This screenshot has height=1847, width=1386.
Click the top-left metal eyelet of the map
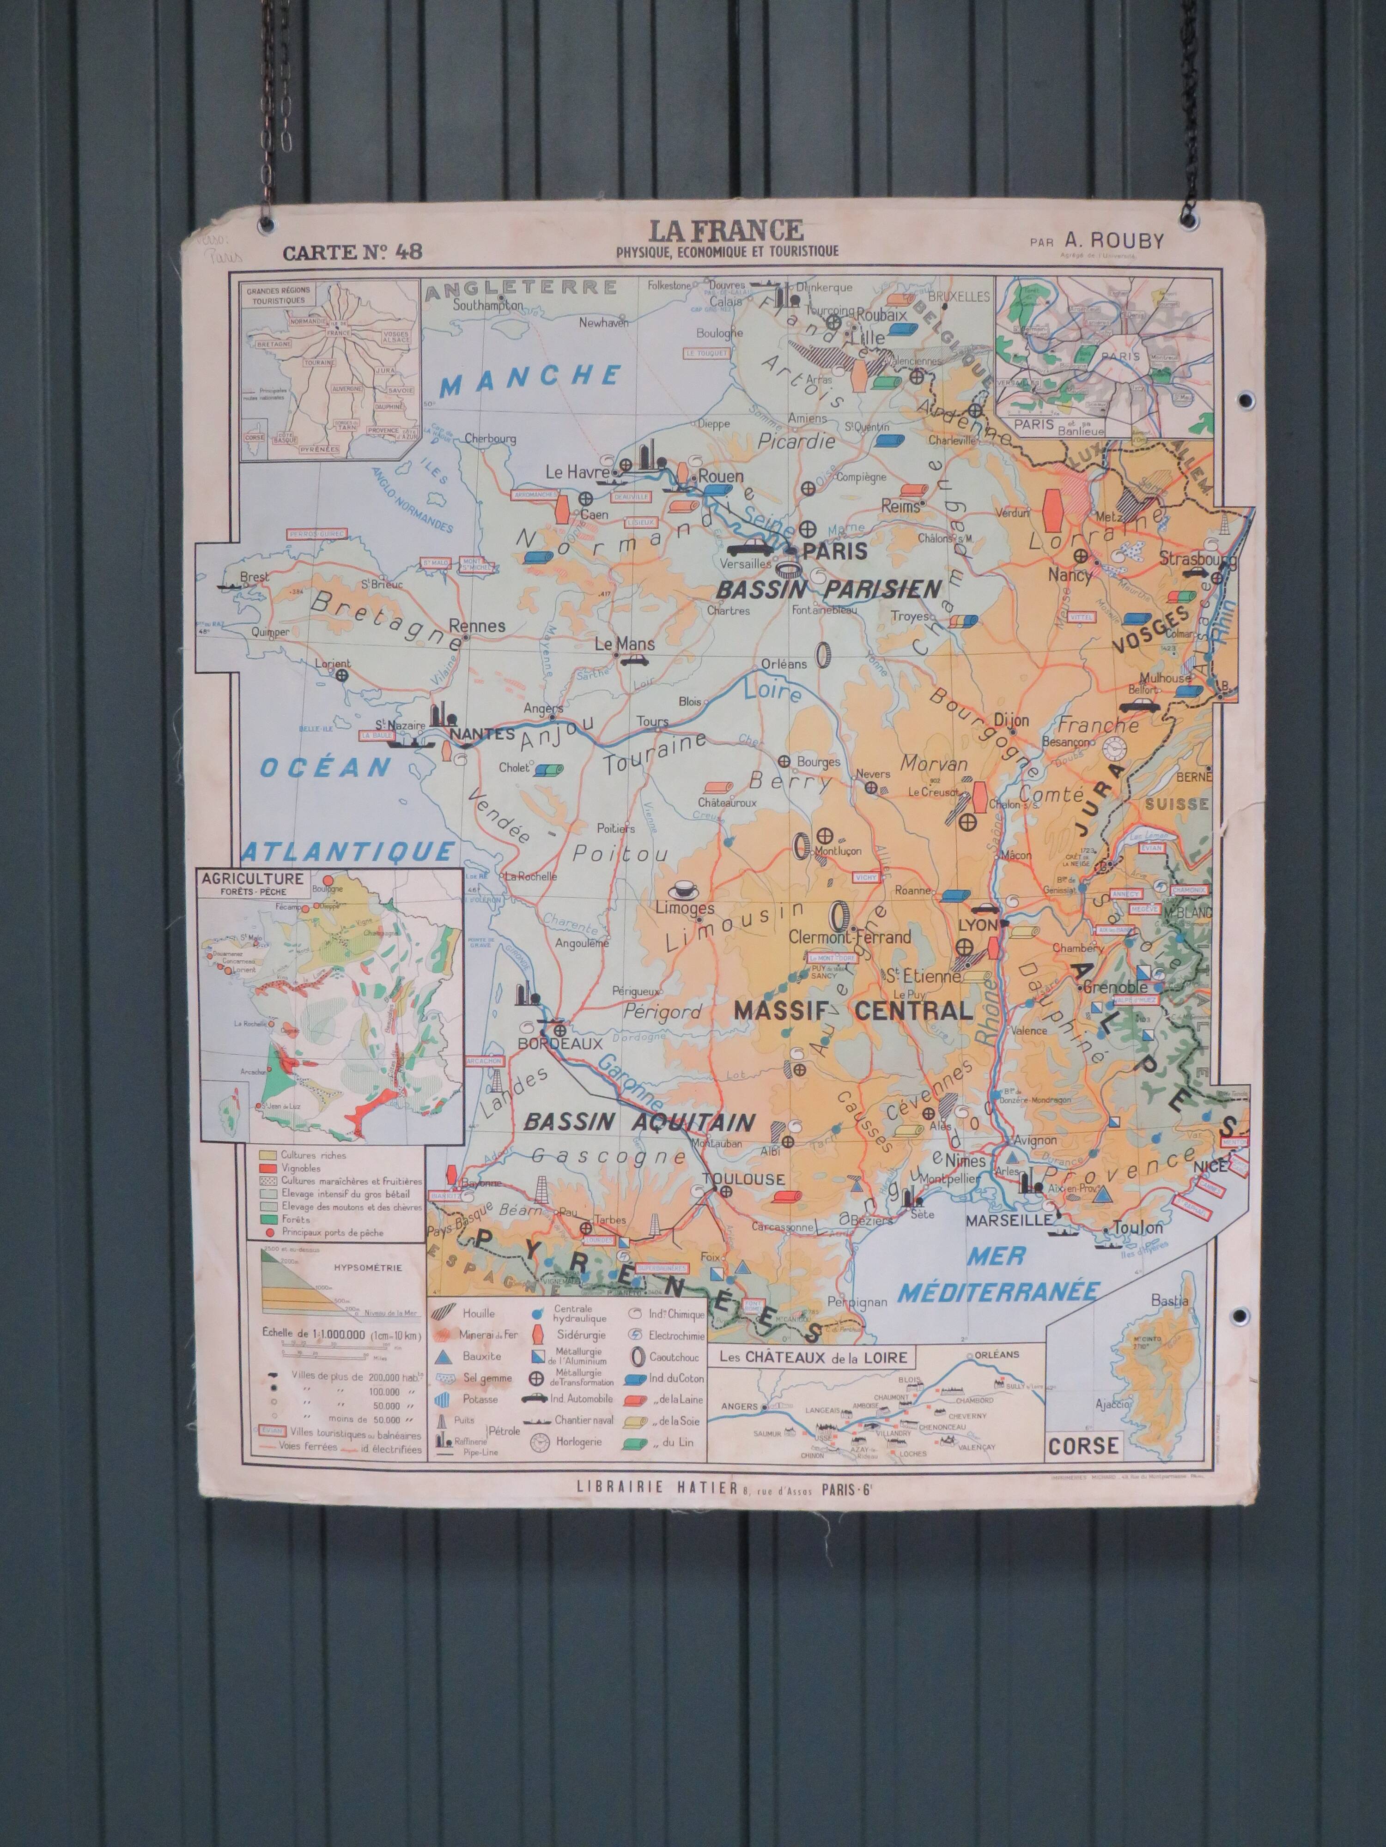point(268,224)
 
